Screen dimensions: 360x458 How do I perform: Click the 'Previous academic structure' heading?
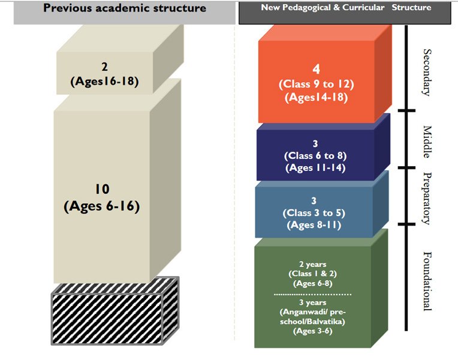pyautogui.click(x=125, y=8)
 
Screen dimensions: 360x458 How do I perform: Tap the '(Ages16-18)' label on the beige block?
pyautogui.click(x=105, y=82)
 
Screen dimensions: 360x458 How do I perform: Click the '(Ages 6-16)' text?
pyautogui.click(x=102, y=206)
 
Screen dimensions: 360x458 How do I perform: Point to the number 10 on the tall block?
pyautogui.click(x=102, y=190)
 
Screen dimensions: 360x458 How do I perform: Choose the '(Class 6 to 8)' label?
pyautogui.click(x=315, y=155)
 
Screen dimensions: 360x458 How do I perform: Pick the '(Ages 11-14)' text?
pyautogui.click(x=315, y=167)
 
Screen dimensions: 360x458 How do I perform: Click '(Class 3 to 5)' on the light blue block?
pyautogui.click(x=314, y=212)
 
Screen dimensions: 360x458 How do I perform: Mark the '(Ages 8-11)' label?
pyautogui.click(x=314, y=225)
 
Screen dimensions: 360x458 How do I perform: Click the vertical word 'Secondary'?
pyautogui.click(x=427, y=72)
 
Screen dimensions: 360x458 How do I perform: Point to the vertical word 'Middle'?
pyautogui.click(x=427, y=142)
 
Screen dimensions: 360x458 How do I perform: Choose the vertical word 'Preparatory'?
pyautogui.click(x=427, y=198)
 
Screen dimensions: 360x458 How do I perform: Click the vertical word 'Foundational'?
pyautogui.click(x=427, y=281)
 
